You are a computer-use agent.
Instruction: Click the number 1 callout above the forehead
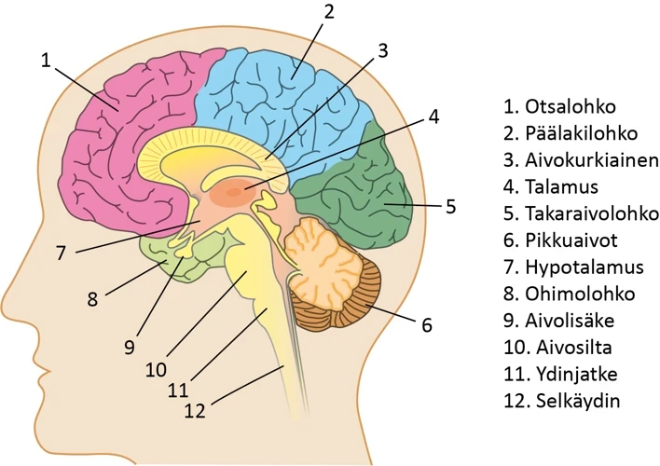tap(47, 60)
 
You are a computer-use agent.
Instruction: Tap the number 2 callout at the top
tap(328, 12)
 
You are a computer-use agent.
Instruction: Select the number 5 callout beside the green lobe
tap(450, 205)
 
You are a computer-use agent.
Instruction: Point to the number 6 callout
tap(427, 325)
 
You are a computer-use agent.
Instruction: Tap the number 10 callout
tap(156, 367)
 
